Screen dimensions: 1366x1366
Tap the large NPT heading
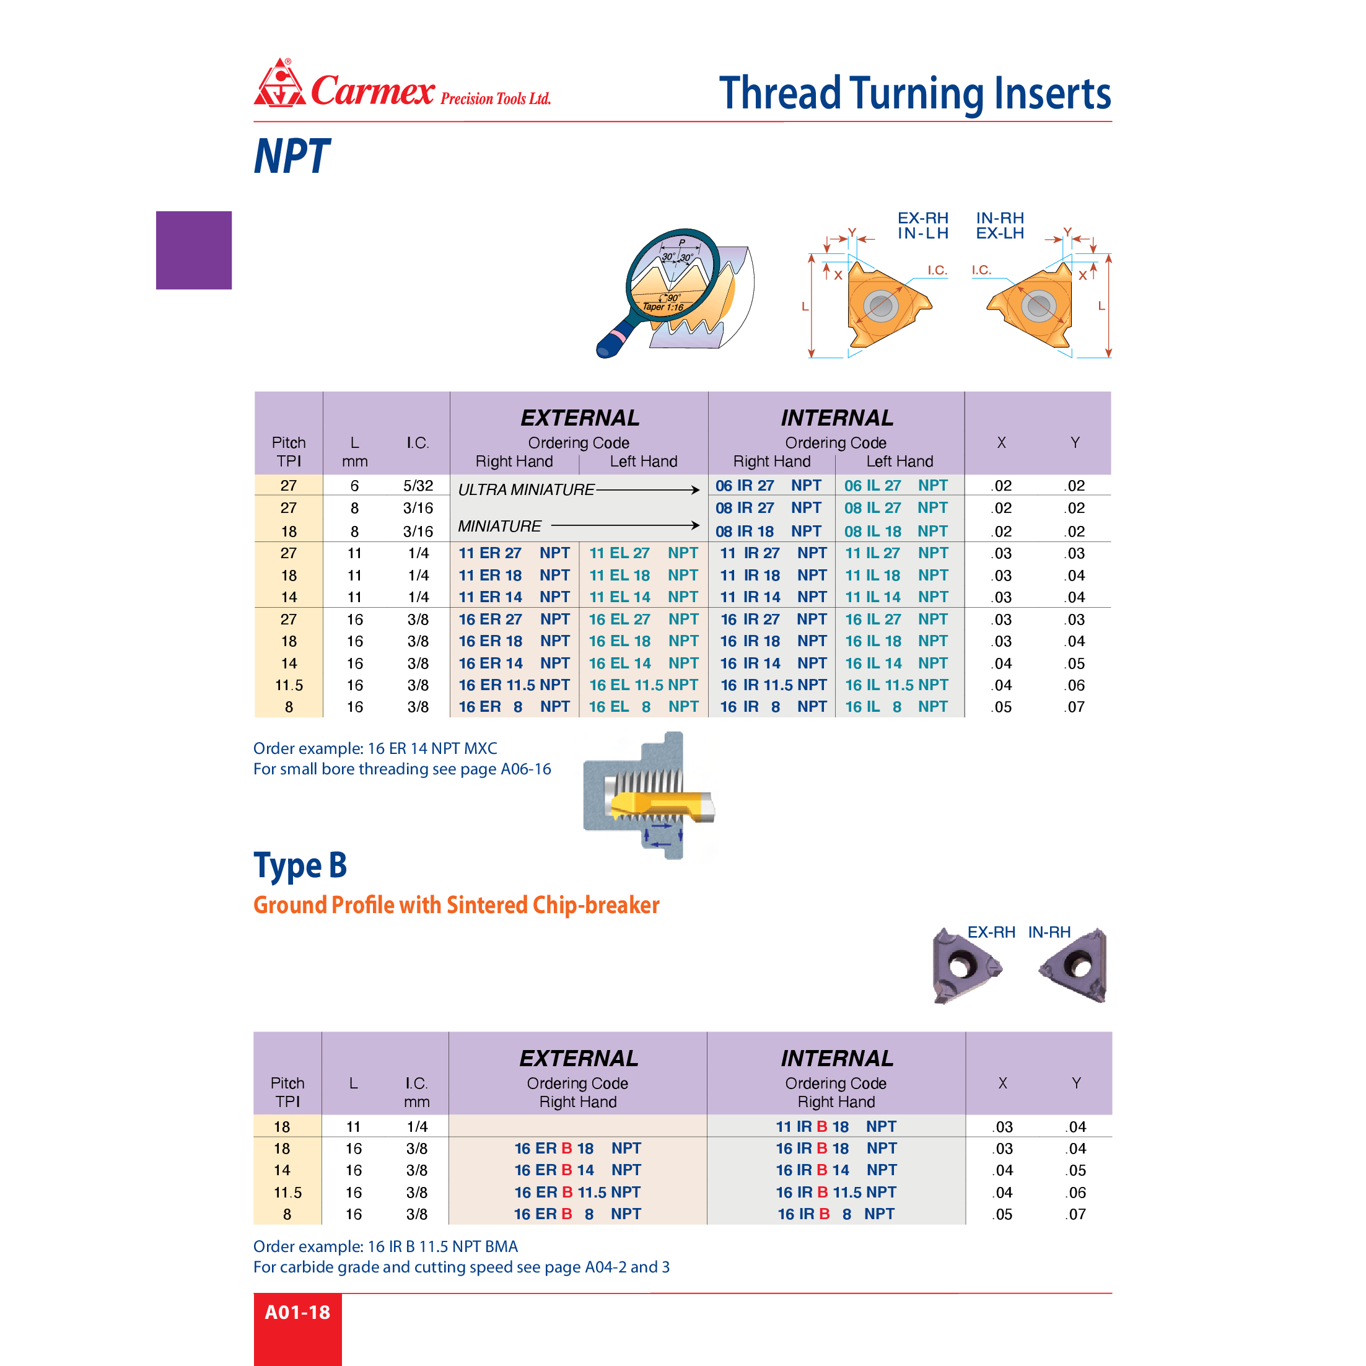[291, 156]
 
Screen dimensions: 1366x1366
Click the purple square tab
[194, 250]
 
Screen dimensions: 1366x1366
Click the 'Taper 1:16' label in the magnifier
[662, 307]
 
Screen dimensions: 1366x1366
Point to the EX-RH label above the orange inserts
[922, 218]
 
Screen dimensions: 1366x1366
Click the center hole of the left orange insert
[880, 305]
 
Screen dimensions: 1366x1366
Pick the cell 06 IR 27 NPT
[768, 486]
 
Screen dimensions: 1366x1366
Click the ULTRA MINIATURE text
[526, 489]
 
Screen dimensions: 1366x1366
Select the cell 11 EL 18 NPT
[644, 576]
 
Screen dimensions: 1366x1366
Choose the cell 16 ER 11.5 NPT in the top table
[514, 685]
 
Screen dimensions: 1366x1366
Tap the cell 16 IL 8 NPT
[896, 707]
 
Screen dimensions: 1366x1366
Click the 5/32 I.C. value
[418, 486]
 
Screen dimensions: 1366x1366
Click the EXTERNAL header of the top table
[580, 418]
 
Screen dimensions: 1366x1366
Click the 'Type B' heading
[300, 865]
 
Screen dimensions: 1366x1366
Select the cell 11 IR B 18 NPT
[836, 1126]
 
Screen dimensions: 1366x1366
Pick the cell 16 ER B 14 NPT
[577, 1170]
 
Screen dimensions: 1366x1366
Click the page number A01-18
[297, 1312]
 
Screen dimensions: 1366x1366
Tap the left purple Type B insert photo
[964, 965]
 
